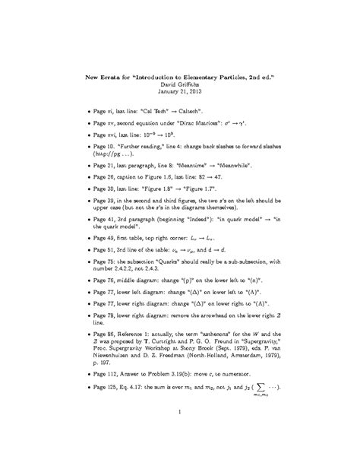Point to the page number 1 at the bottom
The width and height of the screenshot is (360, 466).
[179, 433]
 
